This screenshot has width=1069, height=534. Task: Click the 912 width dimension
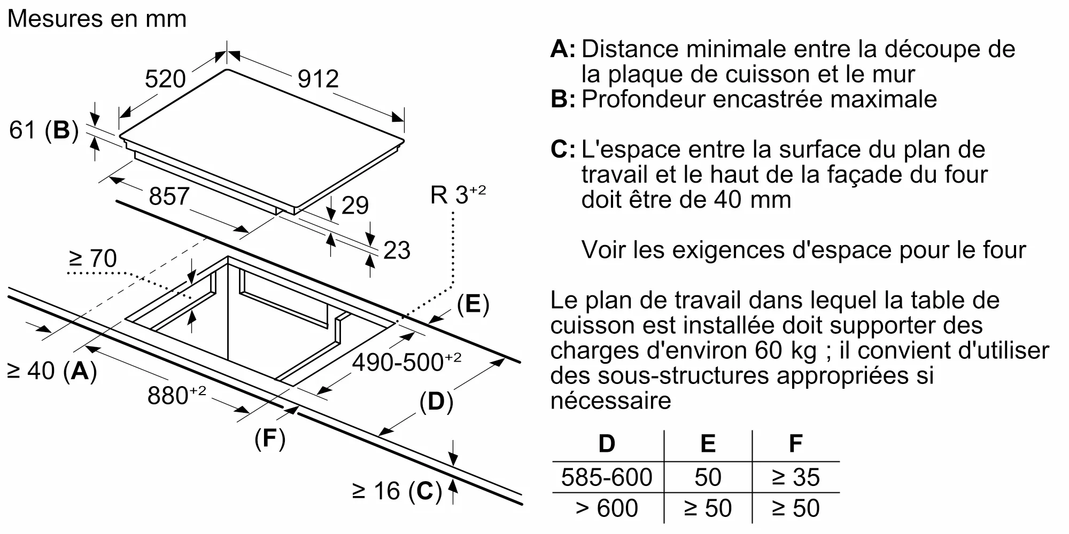tap(318, 80)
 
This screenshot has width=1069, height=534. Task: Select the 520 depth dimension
tap(165, 80)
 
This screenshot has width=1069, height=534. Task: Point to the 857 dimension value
tap(169, 197)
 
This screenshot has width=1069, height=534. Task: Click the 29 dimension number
tap(355, 206)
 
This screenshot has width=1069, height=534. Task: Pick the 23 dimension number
tap(397, 251)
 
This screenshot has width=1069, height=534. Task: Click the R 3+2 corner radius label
tap(458, 195)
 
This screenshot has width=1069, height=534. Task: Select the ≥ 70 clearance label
tap(93, 259)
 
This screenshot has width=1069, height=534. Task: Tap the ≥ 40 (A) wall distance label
tap(51, 371)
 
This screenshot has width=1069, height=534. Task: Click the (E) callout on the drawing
tap(473, 304)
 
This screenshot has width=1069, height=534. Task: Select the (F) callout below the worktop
tap(270, 439)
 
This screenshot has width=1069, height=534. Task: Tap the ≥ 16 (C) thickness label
tap(397, 491)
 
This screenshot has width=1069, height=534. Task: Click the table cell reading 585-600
tap(607, 477)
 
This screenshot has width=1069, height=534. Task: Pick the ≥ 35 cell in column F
tap(795, 477)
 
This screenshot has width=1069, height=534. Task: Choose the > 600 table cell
tap(607, 508)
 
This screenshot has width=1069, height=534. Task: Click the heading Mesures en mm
tap(97, 19)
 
